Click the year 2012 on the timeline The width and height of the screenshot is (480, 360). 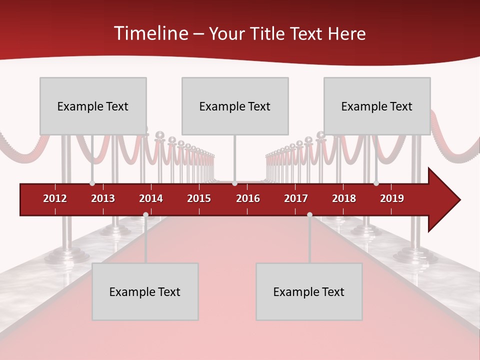(55, 198)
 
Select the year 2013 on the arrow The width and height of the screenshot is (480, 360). (103, 198)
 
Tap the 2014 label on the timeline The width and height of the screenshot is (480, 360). (151, 198)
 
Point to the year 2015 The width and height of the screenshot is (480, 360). (199, 198)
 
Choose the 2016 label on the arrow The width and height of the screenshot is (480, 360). (248, 198)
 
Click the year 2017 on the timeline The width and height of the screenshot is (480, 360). (296, 198)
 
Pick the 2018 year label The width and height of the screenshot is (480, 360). (344, 198)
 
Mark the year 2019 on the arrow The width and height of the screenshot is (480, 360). (392, 198)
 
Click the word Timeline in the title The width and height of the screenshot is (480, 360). (150, 33)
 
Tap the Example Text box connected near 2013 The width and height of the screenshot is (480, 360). (93, 106)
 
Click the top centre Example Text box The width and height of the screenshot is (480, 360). (235, 106)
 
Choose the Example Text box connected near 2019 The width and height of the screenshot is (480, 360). (377, 106)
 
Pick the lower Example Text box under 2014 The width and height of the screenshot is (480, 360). (145, 291)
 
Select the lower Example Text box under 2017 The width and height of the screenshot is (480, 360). (309, 291)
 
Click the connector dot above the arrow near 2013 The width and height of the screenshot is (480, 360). (92, 183)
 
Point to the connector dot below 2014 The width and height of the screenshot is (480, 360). (145, 214)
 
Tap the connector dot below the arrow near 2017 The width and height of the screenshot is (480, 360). (309, 214)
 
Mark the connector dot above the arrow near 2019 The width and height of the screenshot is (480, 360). (376, 183)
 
